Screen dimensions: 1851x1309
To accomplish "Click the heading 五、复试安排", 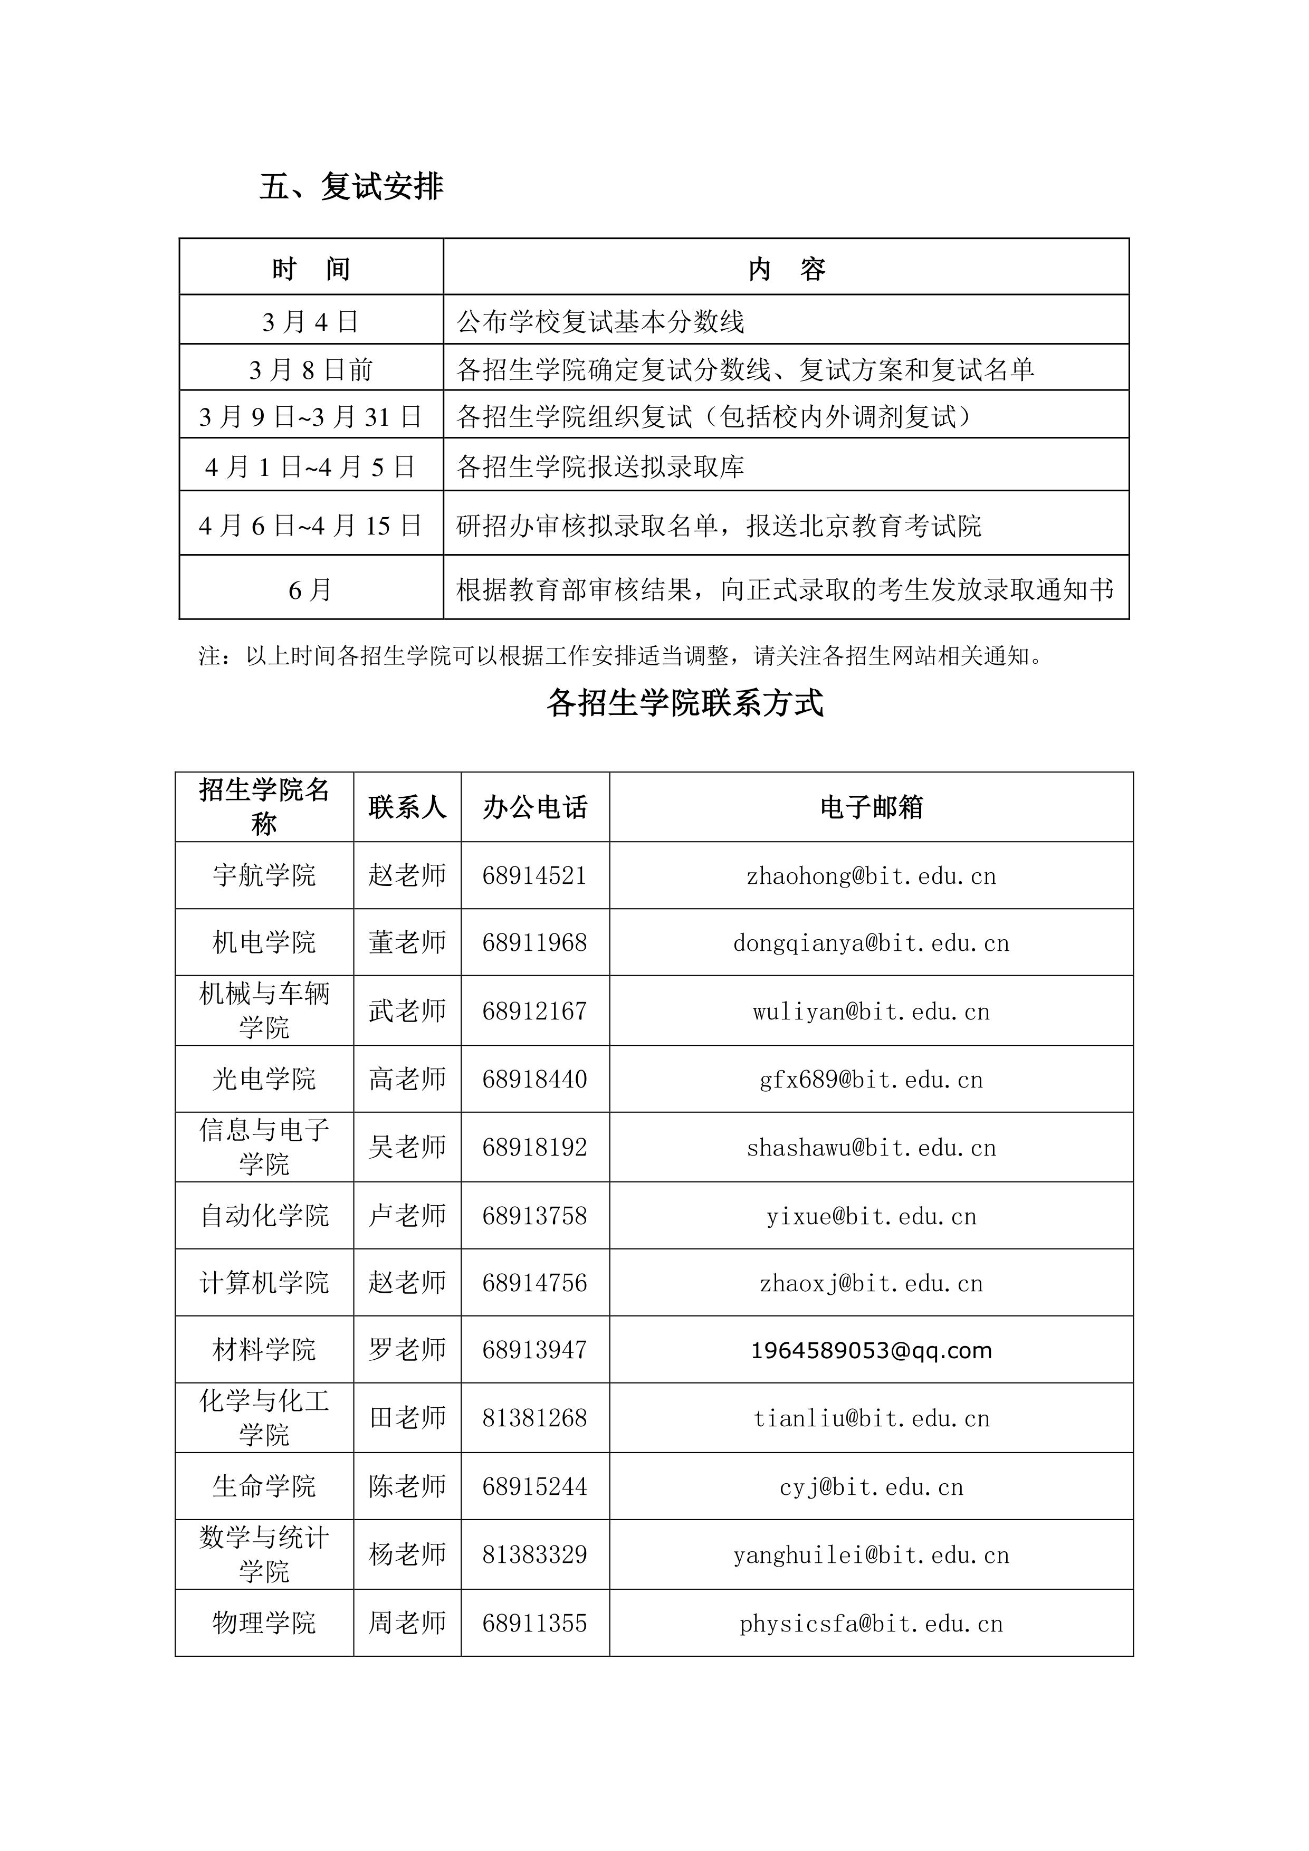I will (351, 187).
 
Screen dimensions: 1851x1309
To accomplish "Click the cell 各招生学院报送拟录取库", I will (600, 466).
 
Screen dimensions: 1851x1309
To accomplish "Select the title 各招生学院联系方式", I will (685, 703).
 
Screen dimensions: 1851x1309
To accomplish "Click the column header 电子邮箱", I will (871, 807).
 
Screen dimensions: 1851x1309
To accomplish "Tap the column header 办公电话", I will (534, 807).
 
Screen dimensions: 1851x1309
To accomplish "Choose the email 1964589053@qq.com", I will (871, 1350).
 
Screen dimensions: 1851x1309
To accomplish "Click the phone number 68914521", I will (534, 875).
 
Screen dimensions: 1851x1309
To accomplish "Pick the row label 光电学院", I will (264, 1079).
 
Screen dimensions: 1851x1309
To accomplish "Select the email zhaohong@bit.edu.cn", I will (871, 875).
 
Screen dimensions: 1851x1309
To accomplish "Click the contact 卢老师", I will (407, 1216).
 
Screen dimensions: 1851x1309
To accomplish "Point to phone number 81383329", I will (534, 1554).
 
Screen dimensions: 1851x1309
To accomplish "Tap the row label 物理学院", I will (264, 1623).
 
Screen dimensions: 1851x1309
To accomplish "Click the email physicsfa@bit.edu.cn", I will (871, 1623).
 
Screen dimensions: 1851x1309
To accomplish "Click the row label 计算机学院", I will (264, 1283).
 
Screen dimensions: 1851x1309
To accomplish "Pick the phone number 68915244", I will (534, 1486).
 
